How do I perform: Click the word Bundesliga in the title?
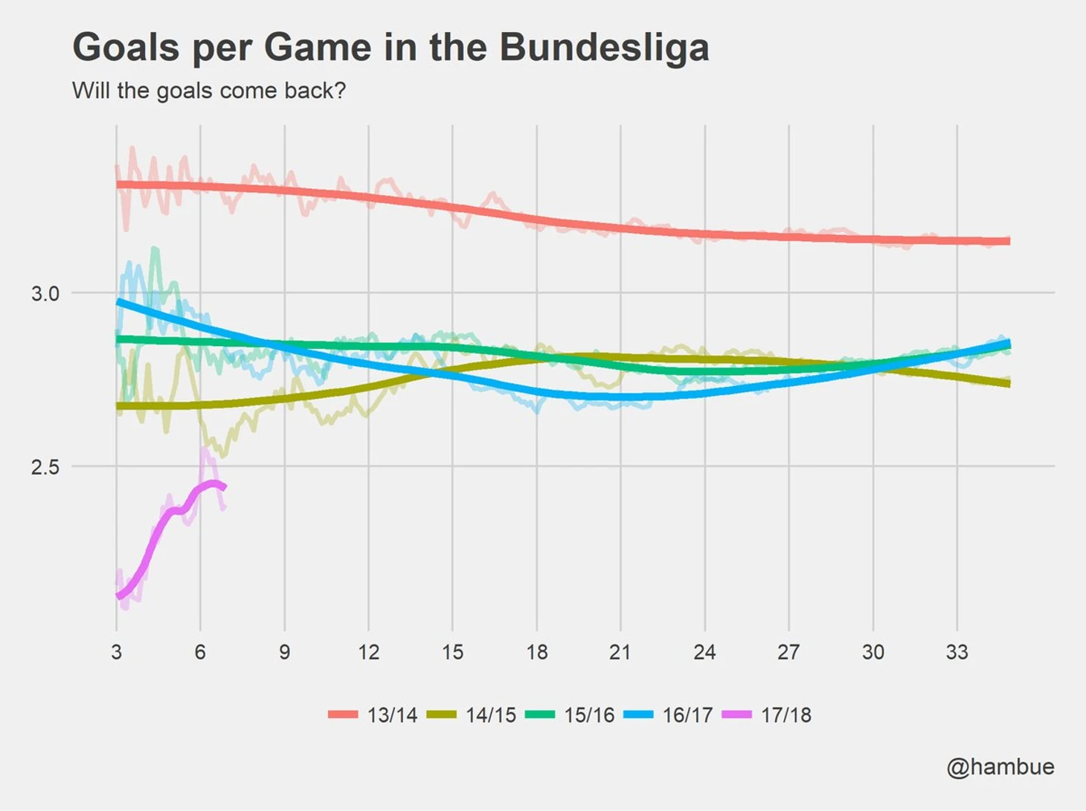click(603, 48)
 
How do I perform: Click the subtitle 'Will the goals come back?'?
click(209, 91)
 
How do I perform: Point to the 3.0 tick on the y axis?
click(45, 293)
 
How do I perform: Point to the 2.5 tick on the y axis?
click(45, 467)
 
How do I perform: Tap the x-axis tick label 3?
click(116, 653)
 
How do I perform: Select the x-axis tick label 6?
click(200, 653)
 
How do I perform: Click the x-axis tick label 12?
click(368, 653)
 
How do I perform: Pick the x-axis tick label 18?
click(536, 653)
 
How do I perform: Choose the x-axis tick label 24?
click(704, 653)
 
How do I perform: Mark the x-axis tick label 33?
click(957, 653)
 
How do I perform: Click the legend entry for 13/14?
click(373, 715)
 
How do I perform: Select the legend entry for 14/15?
click(472, 715)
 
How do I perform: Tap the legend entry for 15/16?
click(571, 715)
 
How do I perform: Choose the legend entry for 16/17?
click(669, 715)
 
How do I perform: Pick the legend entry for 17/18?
click(767, 715)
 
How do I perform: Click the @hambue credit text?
click(1000, 767)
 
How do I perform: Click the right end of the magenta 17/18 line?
click(224, 487)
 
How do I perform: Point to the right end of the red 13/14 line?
click(1008, 241)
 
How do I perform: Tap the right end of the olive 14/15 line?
click(1008, 383)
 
